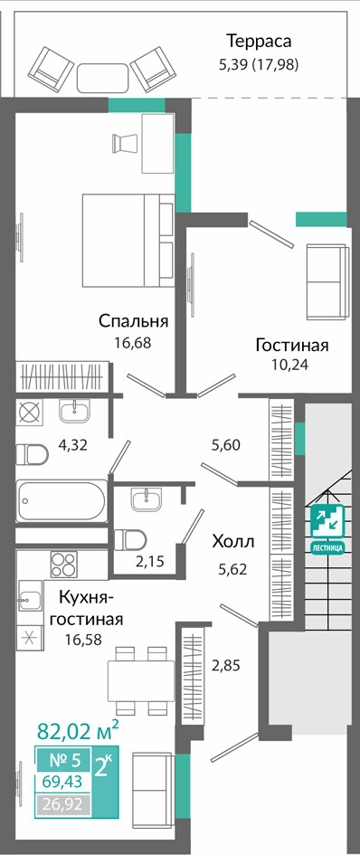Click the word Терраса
[259, 42]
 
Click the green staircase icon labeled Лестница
[327, 529]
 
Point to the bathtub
[62, 500]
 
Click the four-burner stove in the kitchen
[64, 565]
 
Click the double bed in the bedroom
[128, 240]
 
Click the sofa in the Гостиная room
[327, 282]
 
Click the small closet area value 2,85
[226, 665]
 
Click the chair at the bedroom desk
[123, 143]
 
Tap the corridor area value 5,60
[226, 444]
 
